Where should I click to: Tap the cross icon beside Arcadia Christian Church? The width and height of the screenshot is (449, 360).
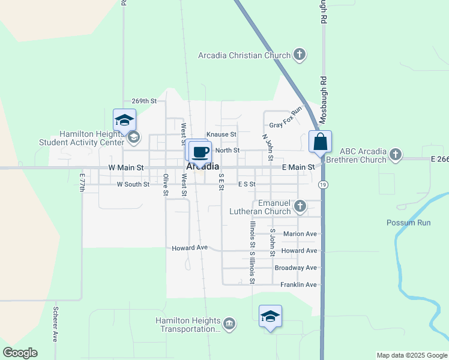(300, 55)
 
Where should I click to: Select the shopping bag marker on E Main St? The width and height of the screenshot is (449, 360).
(321, 142)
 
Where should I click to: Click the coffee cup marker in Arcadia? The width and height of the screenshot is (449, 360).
(200, 151)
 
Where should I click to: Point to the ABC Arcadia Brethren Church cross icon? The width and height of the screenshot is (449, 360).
(395, 155)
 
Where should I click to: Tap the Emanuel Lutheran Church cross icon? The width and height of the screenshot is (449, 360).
(300, 207)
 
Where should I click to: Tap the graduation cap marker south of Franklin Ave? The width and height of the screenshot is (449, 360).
(270, 316)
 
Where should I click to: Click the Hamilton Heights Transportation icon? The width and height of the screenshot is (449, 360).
(229, 324)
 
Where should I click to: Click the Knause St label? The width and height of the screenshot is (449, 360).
(221, 134)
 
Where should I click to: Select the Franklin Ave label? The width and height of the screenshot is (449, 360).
(298, 284)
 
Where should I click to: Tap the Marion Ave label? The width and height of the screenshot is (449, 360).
(300, 234)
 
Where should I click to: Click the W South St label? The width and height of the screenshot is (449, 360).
(133, 184)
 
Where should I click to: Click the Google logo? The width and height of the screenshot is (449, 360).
(20, 353)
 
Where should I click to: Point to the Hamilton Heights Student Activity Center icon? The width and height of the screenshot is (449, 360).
(133, 139)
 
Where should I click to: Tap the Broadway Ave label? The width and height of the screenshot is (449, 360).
(295, 268)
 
